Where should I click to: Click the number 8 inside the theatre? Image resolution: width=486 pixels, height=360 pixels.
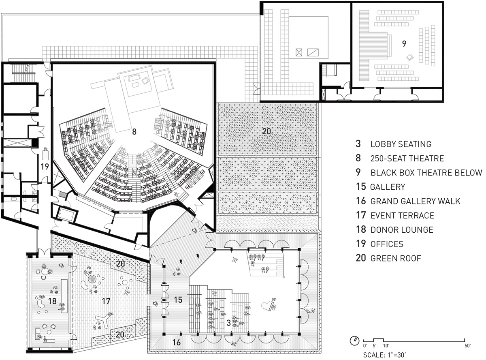click(x=134, y=132)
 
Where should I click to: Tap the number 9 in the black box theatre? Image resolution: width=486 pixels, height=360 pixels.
click(x=404, y=44)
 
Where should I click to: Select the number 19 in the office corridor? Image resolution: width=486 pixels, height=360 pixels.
click(x=45, y=167)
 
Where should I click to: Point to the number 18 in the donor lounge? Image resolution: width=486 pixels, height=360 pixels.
click(x=52, y=301)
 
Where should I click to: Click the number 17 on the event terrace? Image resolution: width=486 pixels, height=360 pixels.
click(x=106, y=301)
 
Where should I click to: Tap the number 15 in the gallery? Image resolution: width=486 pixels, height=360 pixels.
click(x=178, y=300)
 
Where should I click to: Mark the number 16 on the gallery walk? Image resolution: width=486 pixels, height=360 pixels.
click(x=177, y=342)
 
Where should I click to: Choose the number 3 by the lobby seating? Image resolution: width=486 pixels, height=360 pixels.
click(x=228, y=323)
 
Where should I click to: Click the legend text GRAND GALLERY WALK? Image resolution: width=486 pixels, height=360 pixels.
click(x=415, y=201)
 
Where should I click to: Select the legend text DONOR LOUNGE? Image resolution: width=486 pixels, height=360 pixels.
click(x=402, y=230)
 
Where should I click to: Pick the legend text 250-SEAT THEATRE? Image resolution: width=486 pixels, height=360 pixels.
click(x=407, y=159)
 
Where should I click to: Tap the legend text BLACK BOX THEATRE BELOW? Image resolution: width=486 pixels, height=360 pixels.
click(x=426, y=173)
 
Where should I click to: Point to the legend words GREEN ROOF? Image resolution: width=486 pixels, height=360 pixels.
click(x=396, y=258)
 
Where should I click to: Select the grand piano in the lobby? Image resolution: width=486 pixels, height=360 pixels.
click(x=268, y=306)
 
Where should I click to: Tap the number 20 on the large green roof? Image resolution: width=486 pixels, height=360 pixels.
click(x=266, y=131)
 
